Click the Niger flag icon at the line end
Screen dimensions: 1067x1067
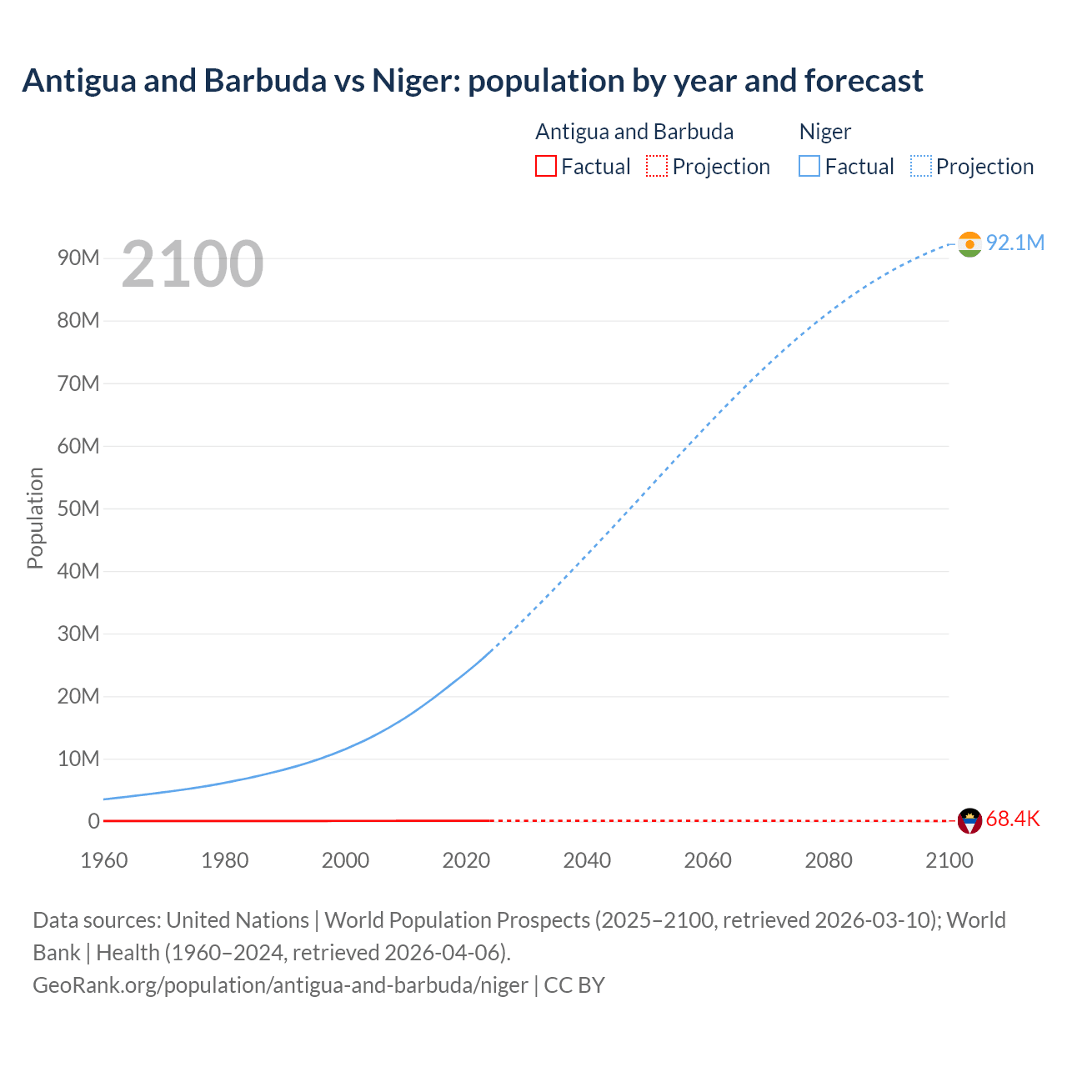click(969, 243)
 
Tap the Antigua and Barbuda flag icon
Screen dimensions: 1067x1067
click(969, 821)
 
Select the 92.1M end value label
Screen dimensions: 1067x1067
click(1014, 243)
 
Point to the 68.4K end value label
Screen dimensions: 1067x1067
click(1013, 819)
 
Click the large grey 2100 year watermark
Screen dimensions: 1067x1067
click(193, 264)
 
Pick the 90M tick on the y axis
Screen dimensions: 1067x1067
click(78, 258)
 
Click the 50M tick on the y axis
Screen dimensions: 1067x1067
click(78, 508)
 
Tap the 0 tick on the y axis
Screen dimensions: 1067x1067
click(93, 821)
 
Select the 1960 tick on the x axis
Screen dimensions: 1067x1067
click(104, 860)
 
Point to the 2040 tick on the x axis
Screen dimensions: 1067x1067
click(587, 860)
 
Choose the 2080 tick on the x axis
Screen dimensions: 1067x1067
click(829, 860)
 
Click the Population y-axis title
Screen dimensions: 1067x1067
click(35, 518)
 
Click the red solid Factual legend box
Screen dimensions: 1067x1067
click(545, 166)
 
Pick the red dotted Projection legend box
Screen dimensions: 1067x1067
click(657, 166)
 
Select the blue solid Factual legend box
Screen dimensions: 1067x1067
click(809, 166)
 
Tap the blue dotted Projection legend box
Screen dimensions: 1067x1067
click(921, 166)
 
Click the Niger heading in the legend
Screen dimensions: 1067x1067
click(824, 132)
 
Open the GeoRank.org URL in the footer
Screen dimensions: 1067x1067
click(280, 985)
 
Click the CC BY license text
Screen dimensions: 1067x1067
click(574, 985)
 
